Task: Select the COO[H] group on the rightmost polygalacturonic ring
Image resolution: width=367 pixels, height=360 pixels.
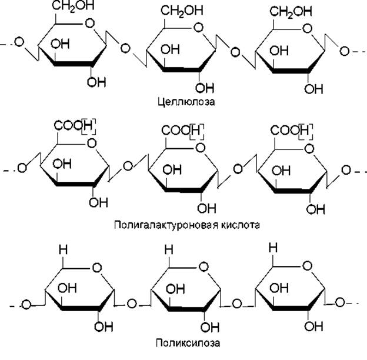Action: (x=291, y=129)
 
